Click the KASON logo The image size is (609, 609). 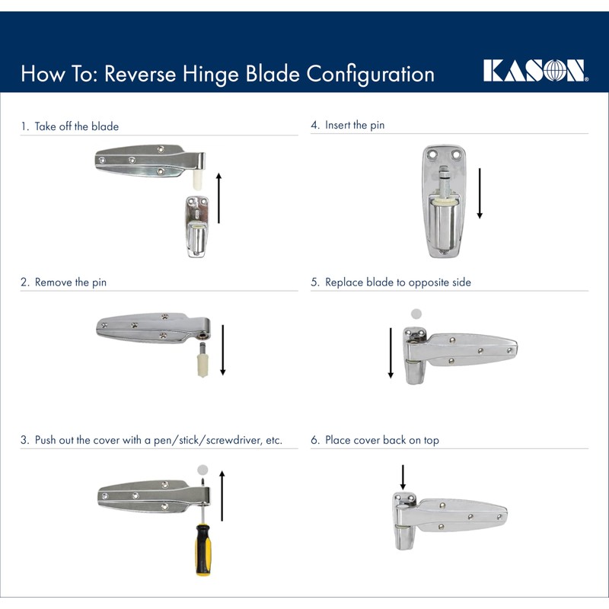[x=535, y=71]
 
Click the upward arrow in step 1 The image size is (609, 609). [x=219, y=198]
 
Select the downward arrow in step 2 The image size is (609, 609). [x=223, y=349]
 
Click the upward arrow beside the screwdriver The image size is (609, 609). [x=222, y=496]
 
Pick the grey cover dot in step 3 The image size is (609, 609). [x=202, y=470]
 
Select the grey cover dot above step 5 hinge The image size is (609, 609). [x=416, y=314]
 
